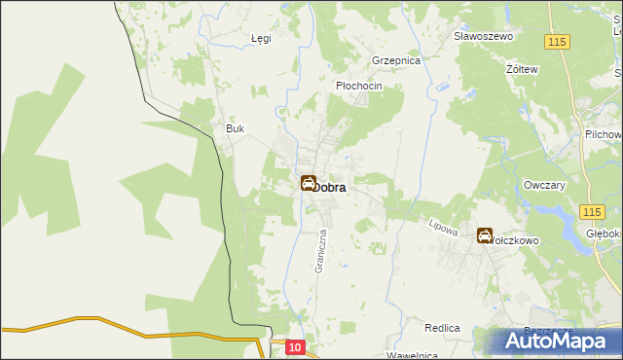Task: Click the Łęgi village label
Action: coord(260,39)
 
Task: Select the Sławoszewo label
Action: coord(483,36)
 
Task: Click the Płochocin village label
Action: coord(358,86)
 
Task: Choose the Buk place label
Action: coord(234,129)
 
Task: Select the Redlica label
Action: coord(441,329)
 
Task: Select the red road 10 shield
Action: coord(296,346)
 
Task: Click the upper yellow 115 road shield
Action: coord(557,42)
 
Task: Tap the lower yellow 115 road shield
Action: coord(589,211)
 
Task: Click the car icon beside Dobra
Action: coord(309,182)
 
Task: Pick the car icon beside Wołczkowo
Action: coord(484,234)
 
